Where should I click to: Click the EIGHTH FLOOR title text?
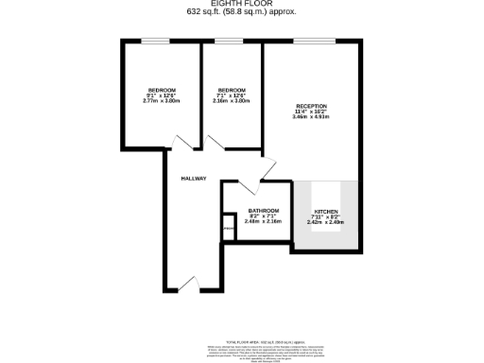click(241, 5)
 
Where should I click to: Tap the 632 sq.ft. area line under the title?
click(241, 12)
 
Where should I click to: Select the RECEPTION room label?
click(311, 106)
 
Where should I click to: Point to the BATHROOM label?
click(263, 210)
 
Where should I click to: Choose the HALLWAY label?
click(194, 179)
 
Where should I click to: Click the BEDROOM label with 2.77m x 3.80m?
click(162, 90)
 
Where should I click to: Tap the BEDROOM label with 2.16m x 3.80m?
click(232, 90)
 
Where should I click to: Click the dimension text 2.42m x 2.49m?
click(325, 222)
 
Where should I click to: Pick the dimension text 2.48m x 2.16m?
click(263, 221)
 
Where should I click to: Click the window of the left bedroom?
click(154, 41)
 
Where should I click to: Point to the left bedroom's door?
click(181, 144)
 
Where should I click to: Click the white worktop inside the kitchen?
click(326, 195)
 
